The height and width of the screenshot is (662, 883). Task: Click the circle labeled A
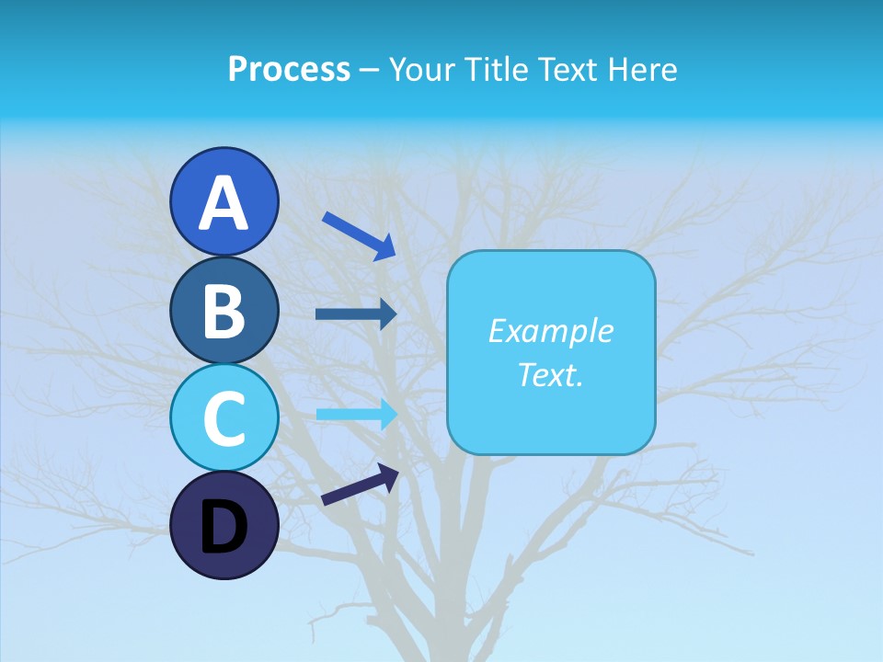[x=224, y=200]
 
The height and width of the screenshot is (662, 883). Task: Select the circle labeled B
[x=224, y=310]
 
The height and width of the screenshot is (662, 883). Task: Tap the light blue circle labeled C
[x=224, y=418]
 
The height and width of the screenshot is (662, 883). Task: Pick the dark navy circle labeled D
[x=224, y=525]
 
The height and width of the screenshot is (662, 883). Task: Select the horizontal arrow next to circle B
[x=356, y=314]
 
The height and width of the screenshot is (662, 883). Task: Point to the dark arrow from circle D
[x=360, y=485]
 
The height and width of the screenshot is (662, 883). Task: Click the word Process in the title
[x=289, y=69]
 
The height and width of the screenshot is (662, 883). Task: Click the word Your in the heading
[x=424, y=69]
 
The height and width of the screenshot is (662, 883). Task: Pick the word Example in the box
[x=550, y=331]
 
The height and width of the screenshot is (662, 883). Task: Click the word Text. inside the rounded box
[x=550, y=374]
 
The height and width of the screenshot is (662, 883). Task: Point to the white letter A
[x=224, y=202]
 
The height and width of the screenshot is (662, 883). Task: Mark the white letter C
[x=224, y=419]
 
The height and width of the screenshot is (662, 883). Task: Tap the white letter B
[x=224, y=311]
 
